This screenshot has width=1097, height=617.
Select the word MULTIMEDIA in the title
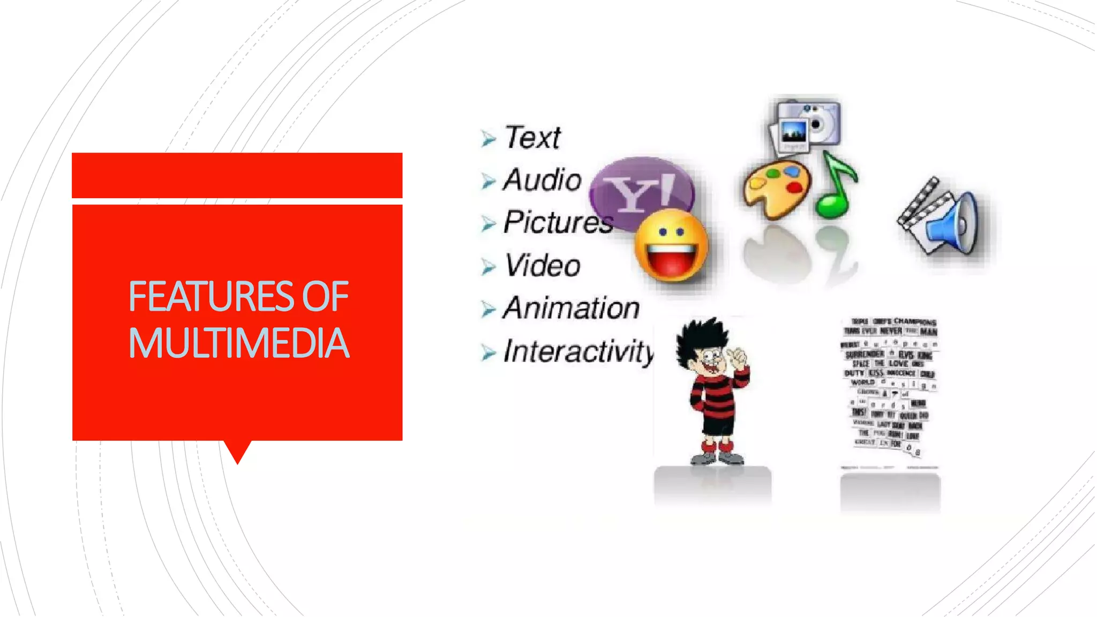tap(239, 343)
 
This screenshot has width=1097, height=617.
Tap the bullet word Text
tap(532, 138)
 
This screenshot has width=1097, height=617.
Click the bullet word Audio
tap(542, 180)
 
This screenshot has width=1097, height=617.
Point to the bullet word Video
tap(543, 266)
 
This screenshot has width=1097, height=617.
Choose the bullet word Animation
tap(571, 308)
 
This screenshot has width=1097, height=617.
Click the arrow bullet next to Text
tap(488, 139)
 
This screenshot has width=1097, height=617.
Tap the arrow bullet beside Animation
tap(488, 310)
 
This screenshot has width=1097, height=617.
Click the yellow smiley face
tap(671, 246)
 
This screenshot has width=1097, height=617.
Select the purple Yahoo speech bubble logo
tap(640, 187)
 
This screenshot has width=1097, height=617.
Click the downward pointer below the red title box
tap(237, 452)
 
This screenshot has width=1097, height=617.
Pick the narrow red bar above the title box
tap(237, 175)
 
